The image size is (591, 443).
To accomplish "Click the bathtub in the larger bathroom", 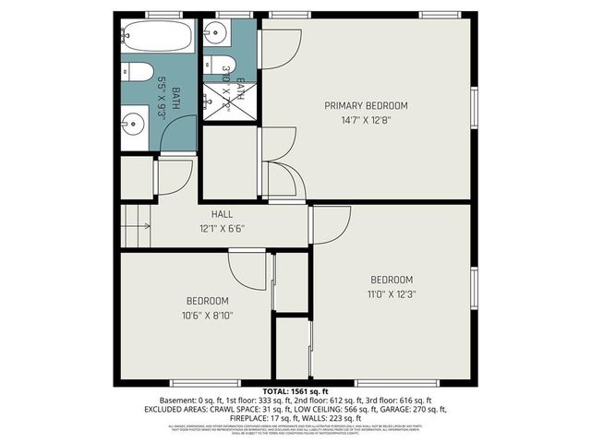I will click(x=156, y=38).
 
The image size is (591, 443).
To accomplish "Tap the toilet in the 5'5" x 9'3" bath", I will click(x=137, y=72).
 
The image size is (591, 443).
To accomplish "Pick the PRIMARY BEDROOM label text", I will click(x=366, y=106).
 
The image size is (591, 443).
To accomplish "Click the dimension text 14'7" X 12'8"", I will click(x=366, y=120).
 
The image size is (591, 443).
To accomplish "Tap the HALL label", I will click(x=222, y=214).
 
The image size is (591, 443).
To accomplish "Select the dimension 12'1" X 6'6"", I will click(x=222, y=228).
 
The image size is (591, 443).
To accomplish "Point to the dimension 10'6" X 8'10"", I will click(x=207, y=315).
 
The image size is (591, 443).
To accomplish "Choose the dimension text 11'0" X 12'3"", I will click(x=392, y=293).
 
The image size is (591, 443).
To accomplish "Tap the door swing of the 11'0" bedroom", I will click(x=331, y=222).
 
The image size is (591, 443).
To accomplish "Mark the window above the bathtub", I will click(x=163, y=14).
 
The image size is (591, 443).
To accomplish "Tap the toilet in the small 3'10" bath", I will click(x=227, y=66).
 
